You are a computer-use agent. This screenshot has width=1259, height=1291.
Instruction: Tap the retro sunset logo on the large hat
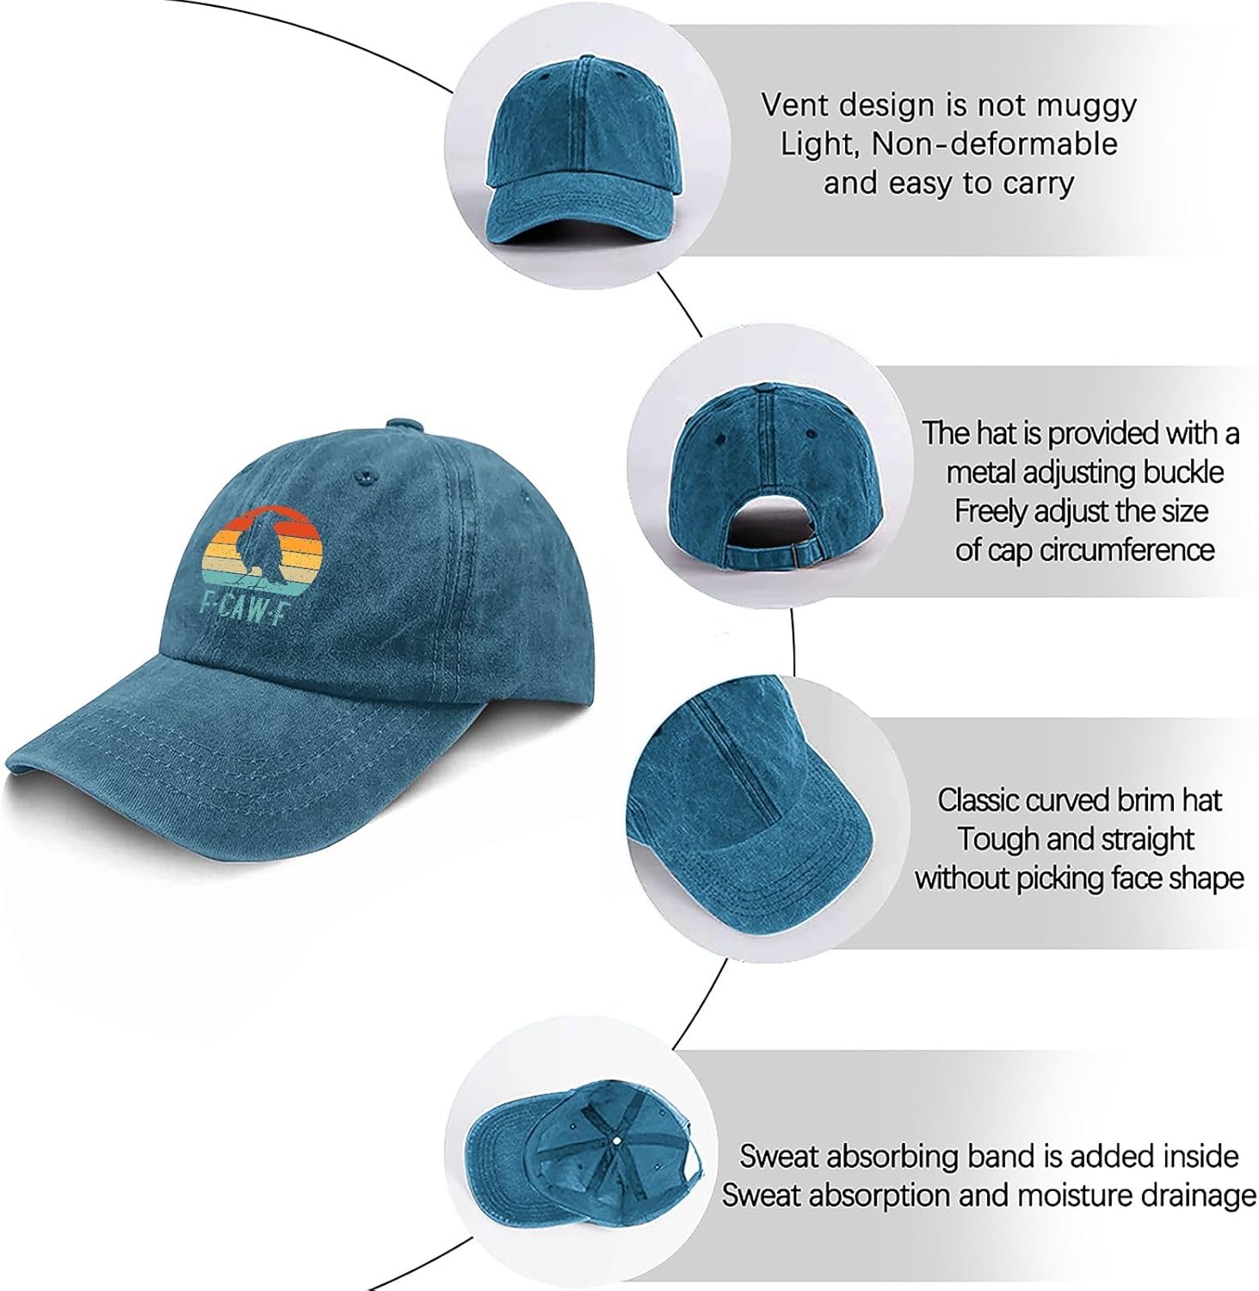click(x=257, y=551)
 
